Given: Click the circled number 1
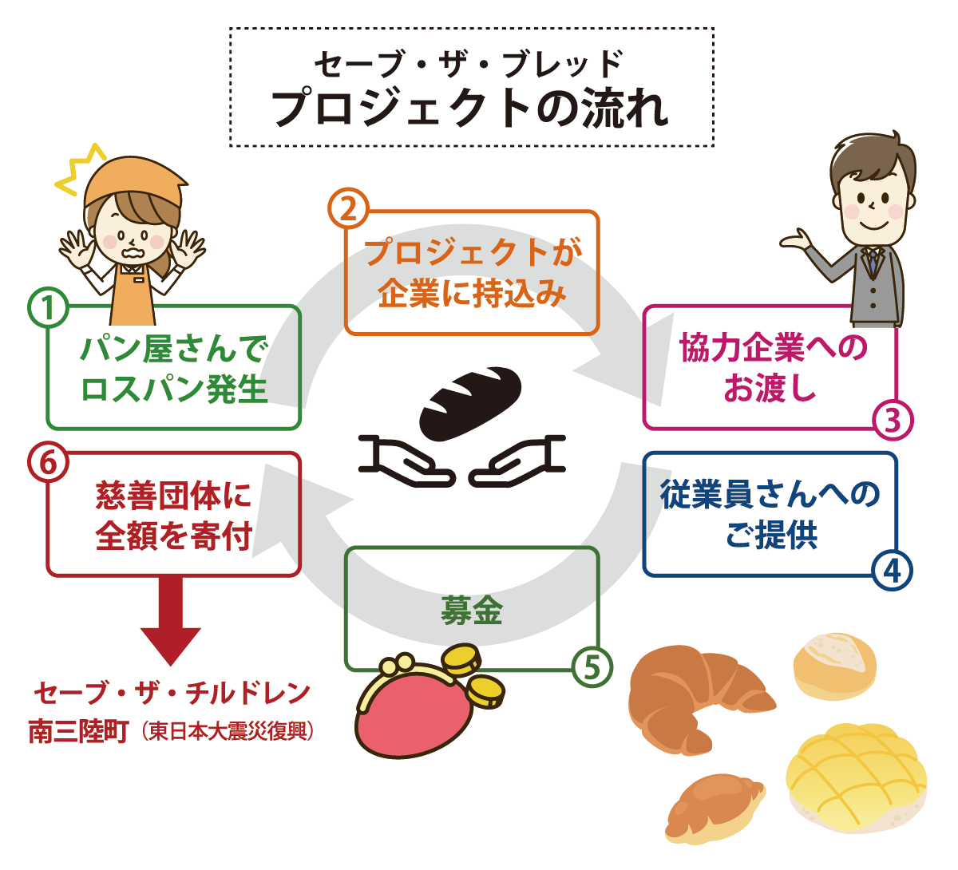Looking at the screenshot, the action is (x=48, y=307).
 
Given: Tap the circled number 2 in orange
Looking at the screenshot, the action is (x=348, y=208).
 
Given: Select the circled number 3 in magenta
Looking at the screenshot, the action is (x=892, y=420).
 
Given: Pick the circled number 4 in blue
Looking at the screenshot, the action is (x=892, y=570).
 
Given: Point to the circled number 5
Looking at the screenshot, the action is (x=592, y=666).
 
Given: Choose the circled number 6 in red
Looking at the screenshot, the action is (x=48, y=462).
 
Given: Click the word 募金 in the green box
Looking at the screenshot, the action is (x=471, y=611).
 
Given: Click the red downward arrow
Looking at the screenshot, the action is (x=171, y=621).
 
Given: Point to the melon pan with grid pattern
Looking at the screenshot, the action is (x=856, y=778).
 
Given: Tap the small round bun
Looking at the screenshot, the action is (x=835, y=667).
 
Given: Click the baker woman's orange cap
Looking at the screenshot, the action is (x=136, y=183).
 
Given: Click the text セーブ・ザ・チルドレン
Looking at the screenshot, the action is (x=172, y=694).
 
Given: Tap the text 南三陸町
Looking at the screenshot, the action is (x=78, y=732).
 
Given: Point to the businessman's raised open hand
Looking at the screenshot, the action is (x=795, y=239).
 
